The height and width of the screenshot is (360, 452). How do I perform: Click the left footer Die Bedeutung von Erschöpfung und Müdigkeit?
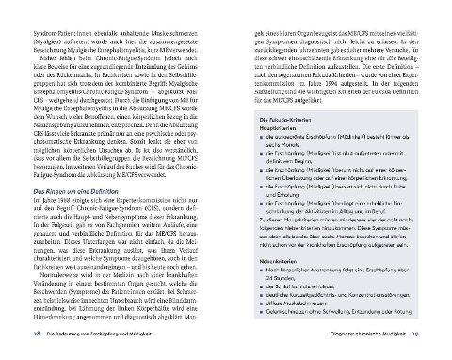[95, 335]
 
